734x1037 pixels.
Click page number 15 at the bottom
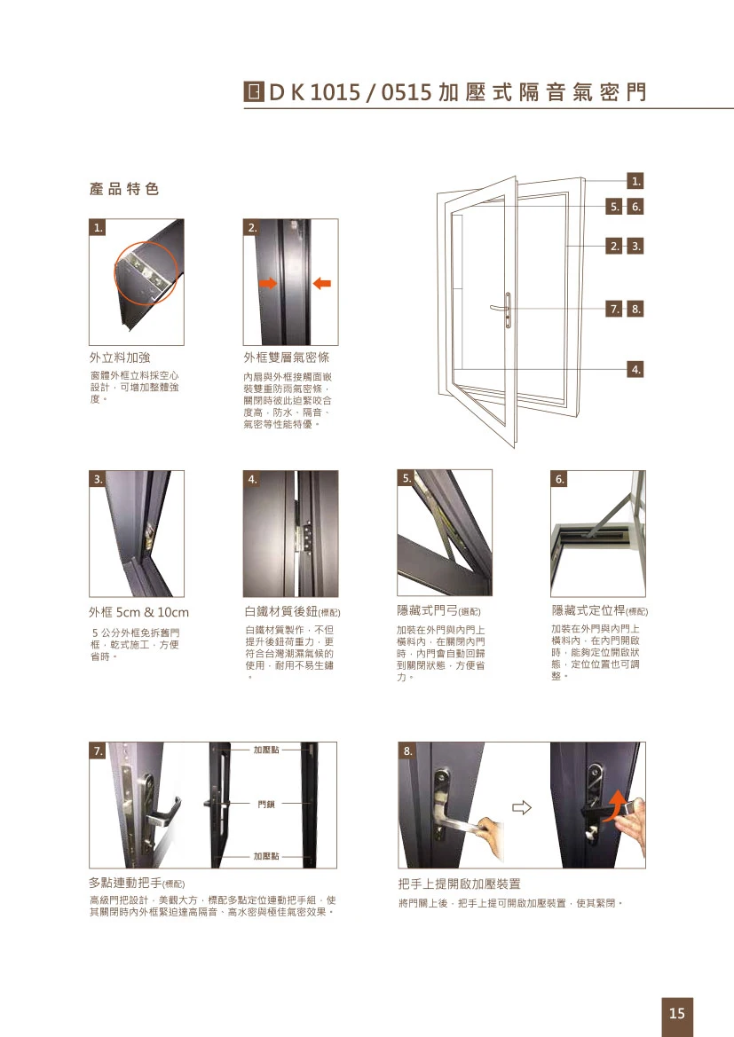676,1013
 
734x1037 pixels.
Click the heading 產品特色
124,189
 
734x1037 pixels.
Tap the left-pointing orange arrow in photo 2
322,283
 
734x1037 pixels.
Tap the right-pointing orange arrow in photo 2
266,283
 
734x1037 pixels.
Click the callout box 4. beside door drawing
635,368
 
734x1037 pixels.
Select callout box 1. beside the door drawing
635,182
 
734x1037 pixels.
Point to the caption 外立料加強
120,357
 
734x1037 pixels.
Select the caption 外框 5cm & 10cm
138,612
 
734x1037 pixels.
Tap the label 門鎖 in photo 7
265,804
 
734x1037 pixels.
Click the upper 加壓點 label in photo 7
265,750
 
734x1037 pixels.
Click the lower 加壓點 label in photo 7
265,856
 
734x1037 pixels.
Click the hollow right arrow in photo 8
522,807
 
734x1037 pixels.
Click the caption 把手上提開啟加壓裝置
460,884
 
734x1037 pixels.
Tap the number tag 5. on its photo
406,478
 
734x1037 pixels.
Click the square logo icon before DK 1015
252,91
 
